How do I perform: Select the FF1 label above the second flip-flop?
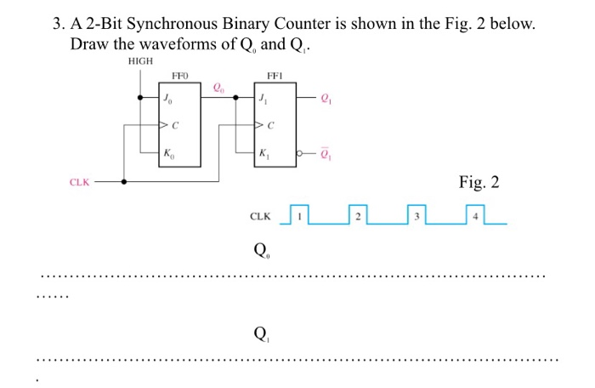(x=275, y=75)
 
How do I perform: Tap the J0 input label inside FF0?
(x=168, y=98)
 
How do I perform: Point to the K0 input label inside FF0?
(x=168, y=154)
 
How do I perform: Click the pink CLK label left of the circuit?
(x=79, y=181)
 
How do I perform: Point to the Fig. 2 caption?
(x=479, y=182)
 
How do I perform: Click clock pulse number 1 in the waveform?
(x=298, y=216)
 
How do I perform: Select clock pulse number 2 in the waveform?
(x=358, y=216)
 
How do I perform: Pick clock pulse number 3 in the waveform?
(x=416, y=216)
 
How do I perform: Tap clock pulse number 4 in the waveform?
(x=475, y=216)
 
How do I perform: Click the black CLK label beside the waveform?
(x=260, y=217)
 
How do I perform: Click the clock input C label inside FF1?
(x=271, y=126)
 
